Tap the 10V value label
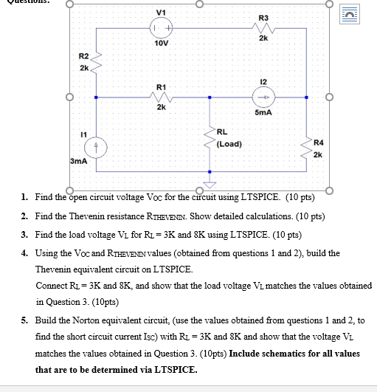162,43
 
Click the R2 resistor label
83,56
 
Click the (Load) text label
229,144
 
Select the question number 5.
24,322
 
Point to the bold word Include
248,353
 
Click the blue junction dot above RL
210,97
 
